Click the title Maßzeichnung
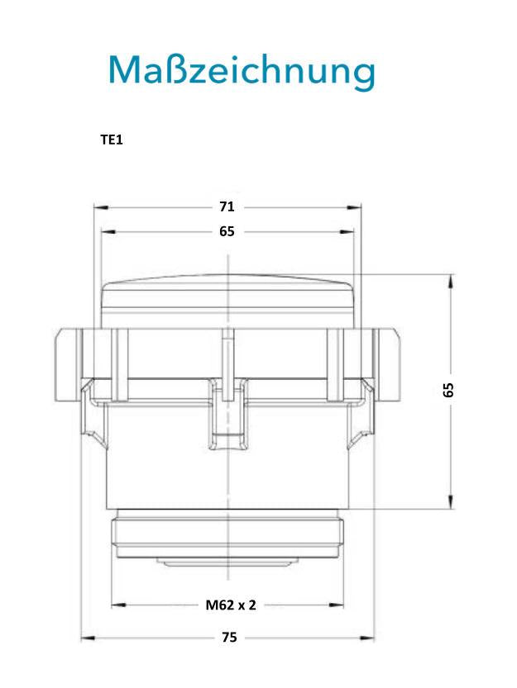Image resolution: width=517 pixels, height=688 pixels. coord(242,70)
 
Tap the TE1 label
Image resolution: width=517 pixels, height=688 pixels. coord(112,140)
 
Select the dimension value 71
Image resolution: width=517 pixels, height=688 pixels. coord(227,206)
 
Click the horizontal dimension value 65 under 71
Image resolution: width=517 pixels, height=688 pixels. coord(227,231)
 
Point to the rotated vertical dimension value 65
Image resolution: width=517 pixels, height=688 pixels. coord(448,390)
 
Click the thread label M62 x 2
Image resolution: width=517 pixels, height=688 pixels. coord(231,605)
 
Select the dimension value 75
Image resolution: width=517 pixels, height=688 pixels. coord(229,637)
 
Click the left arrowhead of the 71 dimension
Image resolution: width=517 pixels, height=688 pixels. coord(101,207)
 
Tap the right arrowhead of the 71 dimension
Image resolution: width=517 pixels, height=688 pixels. coord(354,207)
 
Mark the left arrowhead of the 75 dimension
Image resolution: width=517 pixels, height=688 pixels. coord(89,638)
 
